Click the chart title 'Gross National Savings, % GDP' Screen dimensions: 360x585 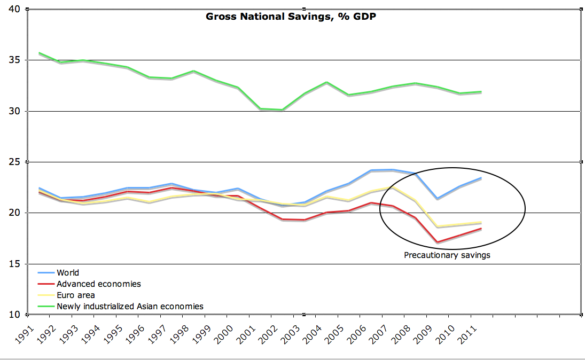pyautogui.click(x=292, y=17)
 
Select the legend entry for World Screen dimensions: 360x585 pyautogui.click(x=67, y=273)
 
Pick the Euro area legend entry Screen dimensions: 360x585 pyautogui.click(x=75, y=295)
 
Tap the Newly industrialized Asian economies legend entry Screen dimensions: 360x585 pyautogui.click(x=130, y=307)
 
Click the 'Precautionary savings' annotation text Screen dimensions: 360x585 pyautogui.click(x=447, y=255)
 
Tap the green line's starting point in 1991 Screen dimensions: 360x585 pyautogui.click(x=39, y=53)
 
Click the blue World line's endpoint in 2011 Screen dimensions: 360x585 pyautogui.click(x=482, y=178)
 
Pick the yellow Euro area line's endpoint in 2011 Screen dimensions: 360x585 pyautogui.click(x=482, y=222)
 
